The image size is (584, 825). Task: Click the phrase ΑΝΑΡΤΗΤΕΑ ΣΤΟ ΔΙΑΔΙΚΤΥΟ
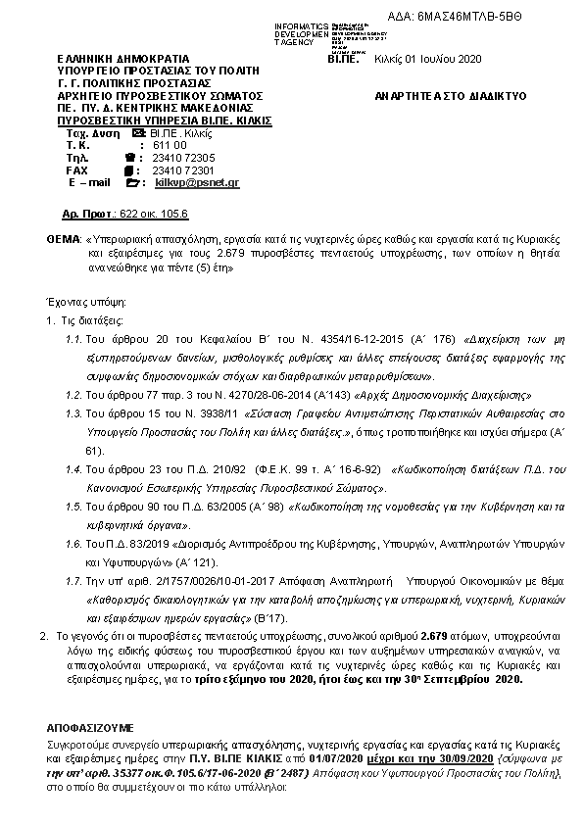(451, 96)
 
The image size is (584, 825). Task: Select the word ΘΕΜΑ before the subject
(64, 239)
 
